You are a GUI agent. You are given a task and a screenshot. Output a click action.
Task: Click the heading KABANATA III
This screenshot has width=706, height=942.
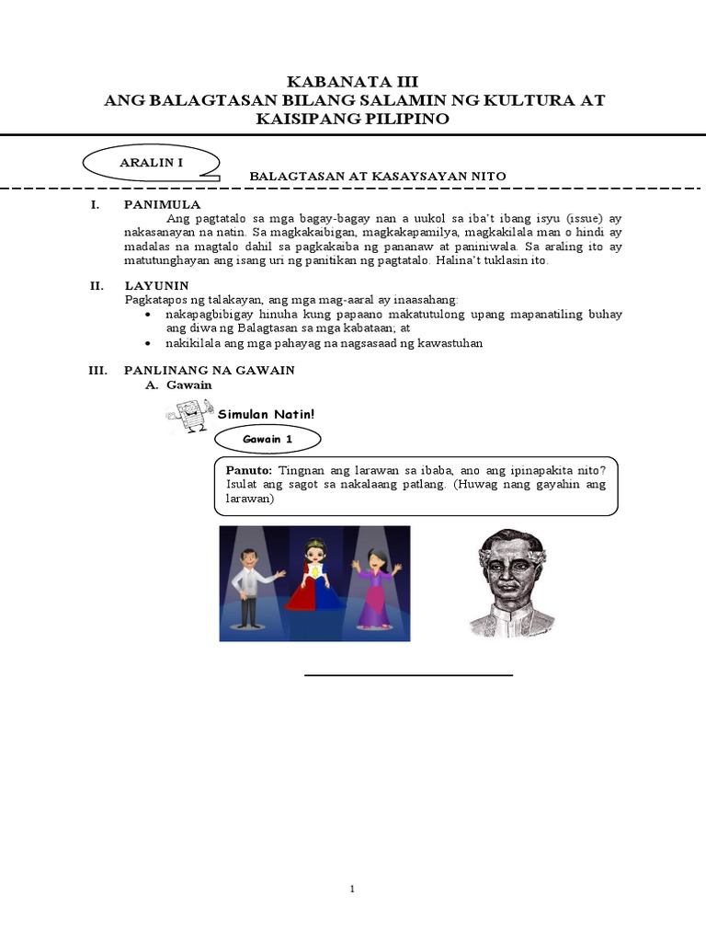click(353, 81)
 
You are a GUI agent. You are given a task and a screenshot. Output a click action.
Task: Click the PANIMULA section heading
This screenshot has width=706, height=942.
click(161, 204)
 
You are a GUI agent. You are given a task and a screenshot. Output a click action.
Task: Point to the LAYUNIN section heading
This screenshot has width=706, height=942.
click(156, 286)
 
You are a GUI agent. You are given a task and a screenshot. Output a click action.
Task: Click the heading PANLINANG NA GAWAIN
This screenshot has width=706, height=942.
click(209, 370)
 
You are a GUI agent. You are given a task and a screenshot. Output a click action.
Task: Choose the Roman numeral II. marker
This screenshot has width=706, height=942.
click(98, 286)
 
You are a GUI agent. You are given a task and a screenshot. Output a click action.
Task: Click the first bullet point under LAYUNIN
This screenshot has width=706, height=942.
click(150, 315)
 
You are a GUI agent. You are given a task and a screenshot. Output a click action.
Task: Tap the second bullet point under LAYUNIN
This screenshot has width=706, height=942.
click(150, 343)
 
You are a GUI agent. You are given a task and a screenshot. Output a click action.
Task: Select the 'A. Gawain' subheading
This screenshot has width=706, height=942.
click(179, 385)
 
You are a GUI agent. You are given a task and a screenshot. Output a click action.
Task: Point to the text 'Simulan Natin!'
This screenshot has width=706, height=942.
click(266, 415)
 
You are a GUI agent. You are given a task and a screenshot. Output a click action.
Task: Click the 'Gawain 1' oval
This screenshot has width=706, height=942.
click(267, 440)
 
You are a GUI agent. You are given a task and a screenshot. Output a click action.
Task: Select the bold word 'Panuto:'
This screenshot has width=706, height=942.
click(249, 468)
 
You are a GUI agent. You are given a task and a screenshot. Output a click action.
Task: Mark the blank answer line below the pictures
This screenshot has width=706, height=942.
click(408, 676)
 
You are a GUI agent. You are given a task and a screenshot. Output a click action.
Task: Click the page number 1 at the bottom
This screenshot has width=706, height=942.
click(352, 890)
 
